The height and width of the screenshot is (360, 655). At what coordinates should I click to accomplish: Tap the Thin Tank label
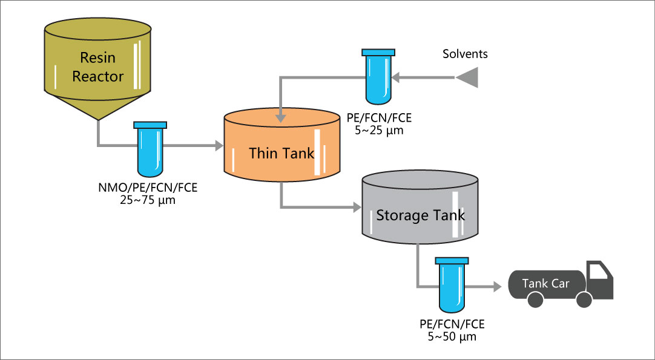[x=282, y=152]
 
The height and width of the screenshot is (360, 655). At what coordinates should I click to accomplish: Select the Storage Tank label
[x=420, y=215]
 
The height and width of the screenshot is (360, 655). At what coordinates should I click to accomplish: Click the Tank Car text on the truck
[x=546, y=283]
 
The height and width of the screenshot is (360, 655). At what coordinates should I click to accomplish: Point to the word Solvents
[x=465, y=54]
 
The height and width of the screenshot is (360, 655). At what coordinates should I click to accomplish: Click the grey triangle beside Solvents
[x=467, y=77]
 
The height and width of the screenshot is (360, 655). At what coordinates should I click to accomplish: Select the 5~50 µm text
[x=452, y=336]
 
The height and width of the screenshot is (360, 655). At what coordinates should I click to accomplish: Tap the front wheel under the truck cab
[x=584, y=299]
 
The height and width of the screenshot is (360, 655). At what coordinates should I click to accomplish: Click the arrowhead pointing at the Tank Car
[x=498, y=286]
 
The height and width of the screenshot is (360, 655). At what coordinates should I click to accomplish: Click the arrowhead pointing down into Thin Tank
[x=280, y=116]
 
